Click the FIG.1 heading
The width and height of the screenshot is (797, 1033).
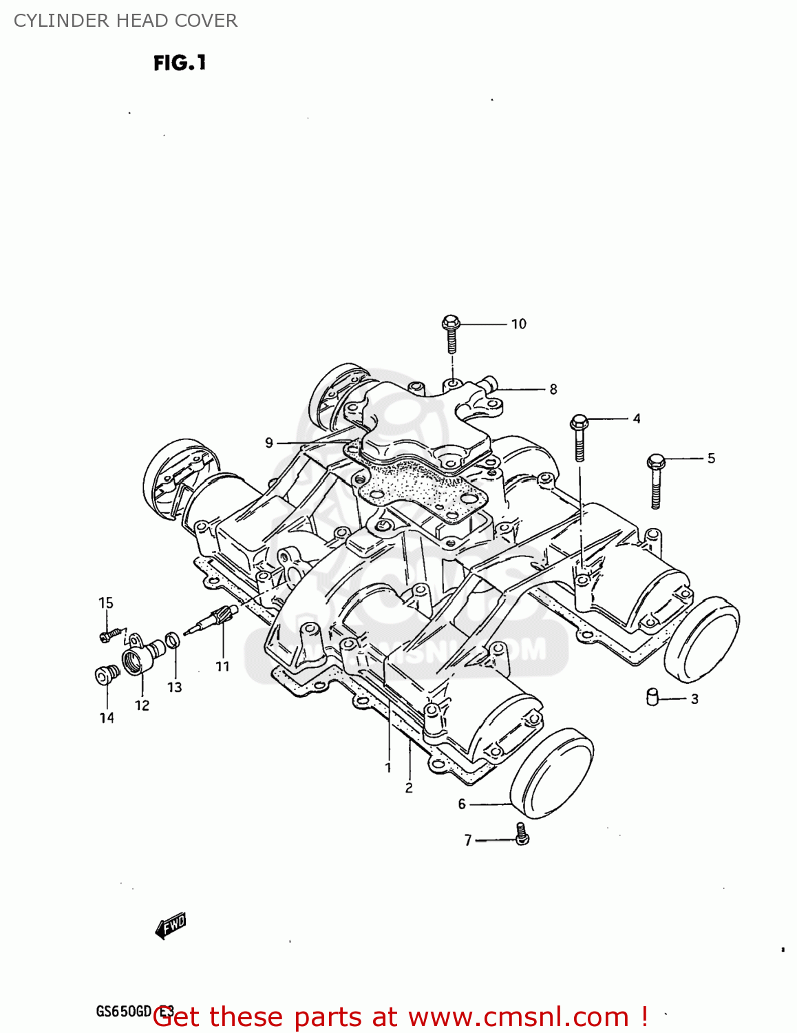click(180, 63)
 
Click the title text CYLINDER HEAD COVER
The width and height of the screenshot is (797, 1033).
click(125, 21)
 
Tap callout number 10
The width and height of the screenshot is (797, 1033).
click(518, 324)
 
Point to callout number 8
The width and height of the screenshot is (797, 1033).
click(553, 389)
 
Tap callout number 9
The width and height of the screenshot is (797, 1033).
click(269, 443)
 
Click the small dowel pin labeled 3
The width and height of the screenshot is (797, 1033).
click(652, 697)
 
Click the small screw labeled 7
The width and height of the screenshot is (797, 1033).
click(522, 834)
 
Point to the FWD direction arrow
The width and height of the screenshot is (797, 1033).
click(171, 926)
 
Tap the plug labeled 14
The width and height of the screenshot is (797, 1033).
click(105, 675)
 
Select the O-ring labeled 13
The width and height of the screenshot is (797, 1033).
click(174, 640)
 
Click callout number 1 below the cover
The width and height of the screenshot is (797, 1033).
click(388, 767)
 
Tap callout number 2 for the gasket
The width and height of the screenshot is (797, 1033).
click(409, 787)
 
